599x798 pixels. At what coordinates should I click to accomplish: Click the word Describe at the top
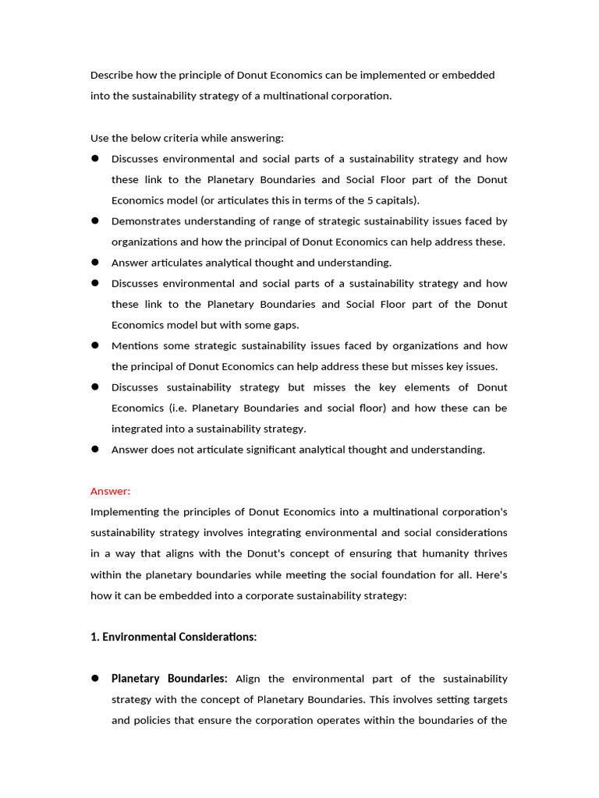click(112, 75)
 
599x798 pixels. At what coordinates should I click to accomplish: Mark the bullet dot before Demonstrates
click(94, 221)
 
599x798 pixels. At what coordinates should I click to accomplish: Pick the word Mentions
click(135, 346)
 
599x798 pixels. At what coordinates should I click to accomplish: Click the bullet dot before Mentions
click(94, 345)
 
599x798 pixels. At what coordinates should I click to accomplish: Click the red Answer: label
click(111, 491)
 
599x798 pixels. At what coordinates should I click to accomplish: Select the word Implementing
click(127, 512)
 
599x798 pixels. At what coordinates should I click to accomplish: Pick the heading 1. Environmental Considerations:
click(173, 637)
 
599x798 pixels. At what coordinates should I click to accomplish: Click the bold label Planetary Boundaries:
click(169, 679)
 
